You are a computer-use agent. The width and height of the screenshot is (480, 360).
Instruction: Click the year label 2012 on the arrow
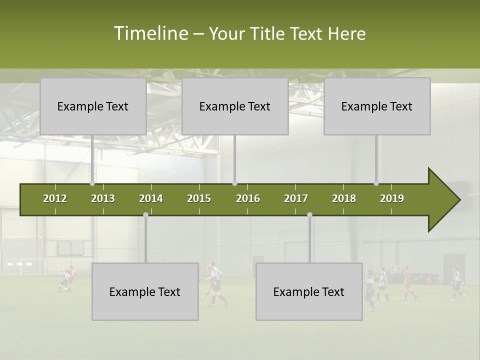(55, 198)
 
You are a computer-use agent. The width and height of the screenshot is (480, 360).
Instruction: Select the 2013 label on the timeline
(103, 198)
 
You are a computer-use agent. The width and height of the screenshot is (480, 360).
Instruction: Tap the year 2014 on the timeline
(151, 198)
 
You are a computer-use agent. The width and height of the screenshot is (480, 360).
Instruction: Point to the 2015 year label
(199, 198)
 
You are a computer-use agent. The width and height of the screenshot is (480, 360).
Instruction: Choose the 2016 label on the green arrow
(248, 198)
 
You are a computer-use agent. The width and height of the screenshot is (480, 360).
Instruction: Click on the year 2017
(296, 198)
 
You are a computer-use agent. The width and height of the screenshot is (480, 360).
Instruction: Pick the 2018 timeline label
(344, 198)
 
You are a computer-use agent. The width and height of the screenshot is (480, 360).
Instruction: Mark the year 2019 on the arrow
(392, 198)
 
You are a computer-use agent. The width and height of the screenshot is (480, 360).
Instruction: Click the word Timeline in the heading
(150, 33)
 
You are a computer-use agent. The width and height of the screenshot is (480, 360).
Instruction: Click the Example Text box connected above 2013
(93, 106)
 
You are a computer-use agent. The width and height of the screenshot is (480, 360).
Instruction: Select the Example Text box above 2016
(235, 106)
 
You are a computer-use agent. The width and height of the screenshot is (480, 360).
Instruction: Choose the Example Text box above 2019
(377, 106)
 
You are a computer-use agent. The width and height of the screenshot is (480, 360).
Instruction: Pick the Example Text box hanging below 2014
(145, 291)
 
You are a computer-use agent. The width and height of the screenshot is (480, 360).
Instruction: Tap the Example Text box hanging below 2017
(309, 291)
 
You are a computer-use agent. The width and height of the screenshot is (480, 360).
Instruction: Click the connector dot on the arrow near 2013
(92, 183)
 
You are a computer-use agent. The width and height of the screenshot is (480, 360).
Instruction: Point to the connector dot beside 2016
(234, 183)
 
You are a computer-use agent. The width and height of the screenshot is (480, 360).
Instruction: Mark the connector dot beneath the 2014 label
(145, 215)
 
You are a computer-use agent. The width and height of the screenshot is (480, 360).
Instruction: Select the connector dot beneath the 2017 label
(309, 215)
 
